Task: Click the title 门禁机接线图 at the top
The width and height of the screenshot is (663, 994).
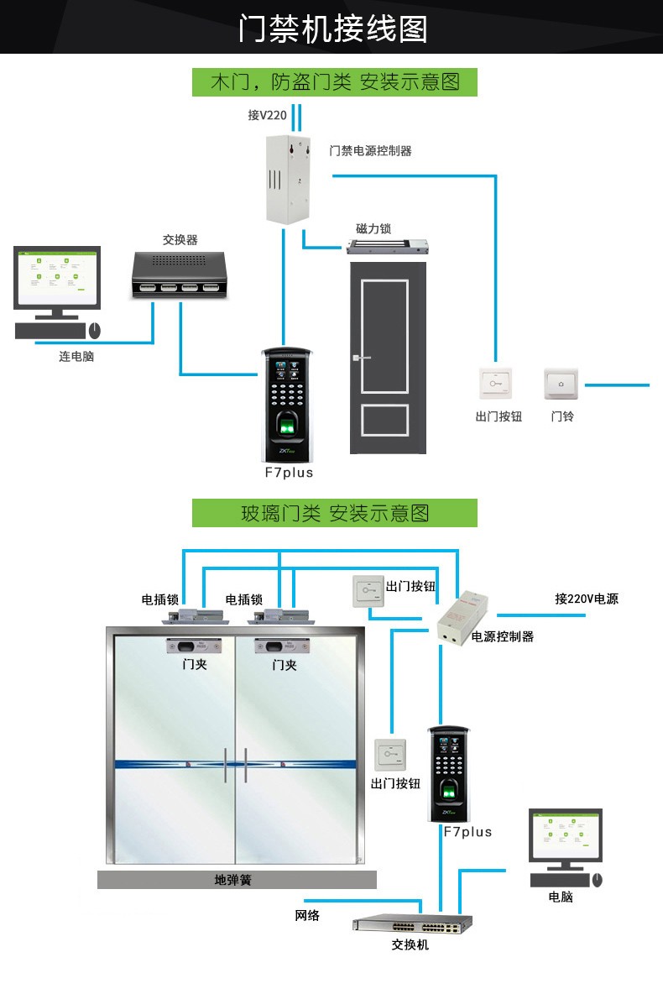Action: coord(332,28)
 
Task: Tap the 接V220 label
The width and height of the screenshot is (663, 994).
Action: coord(267,116)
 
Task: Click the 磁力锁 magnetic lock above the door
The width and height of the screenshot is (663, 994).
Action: coord(389,248)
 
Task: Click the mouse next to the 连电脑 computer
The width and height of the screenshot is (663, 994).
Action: coord(94,330)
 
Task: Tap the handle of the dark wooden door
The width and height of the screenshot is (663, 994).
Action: coord(361,359)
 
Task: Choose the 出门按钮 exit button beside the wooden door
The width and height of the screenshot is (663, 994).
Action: coord(495,383)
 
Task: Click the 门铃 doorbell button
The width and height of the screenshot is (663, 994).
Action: coord(561,384)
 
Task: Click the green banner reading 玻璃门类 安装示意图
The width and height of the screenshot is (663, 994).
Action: coord(334,513)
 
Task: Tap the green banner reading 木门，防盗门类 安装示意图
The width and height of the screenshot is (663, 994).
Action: coord(334,82)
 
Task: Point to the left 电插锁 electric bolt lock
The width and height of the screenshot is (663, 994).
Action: coord(196,617)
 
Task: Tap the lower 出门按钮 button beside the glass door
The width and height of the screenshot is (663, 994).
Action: coord(390,754)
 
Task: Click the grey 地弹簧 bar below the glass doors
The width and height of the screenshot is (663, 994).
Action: coord(236,880)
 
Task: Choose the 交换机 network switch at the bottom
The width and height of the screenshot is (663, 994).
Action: coord(412,924)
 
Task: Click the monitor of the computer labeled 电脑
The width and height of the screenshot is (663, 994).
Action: coord(566,836)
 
